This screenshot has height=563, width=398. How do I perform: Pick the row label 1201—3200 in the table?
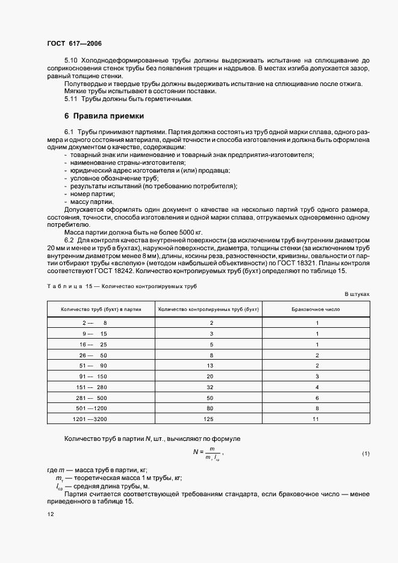89,418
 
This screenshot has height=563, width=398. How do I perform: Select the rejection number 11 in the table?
316,418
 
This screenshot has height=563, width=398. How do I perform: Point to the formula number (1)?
365,452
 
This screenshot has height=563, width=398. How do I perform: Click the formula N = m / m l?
208,453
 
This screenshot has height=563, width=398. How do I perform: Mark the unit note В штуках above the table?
357,293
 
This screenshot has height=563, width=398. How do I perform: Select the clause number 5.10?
71,61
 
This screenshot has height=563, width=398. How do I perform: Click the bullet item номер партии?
92,194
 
